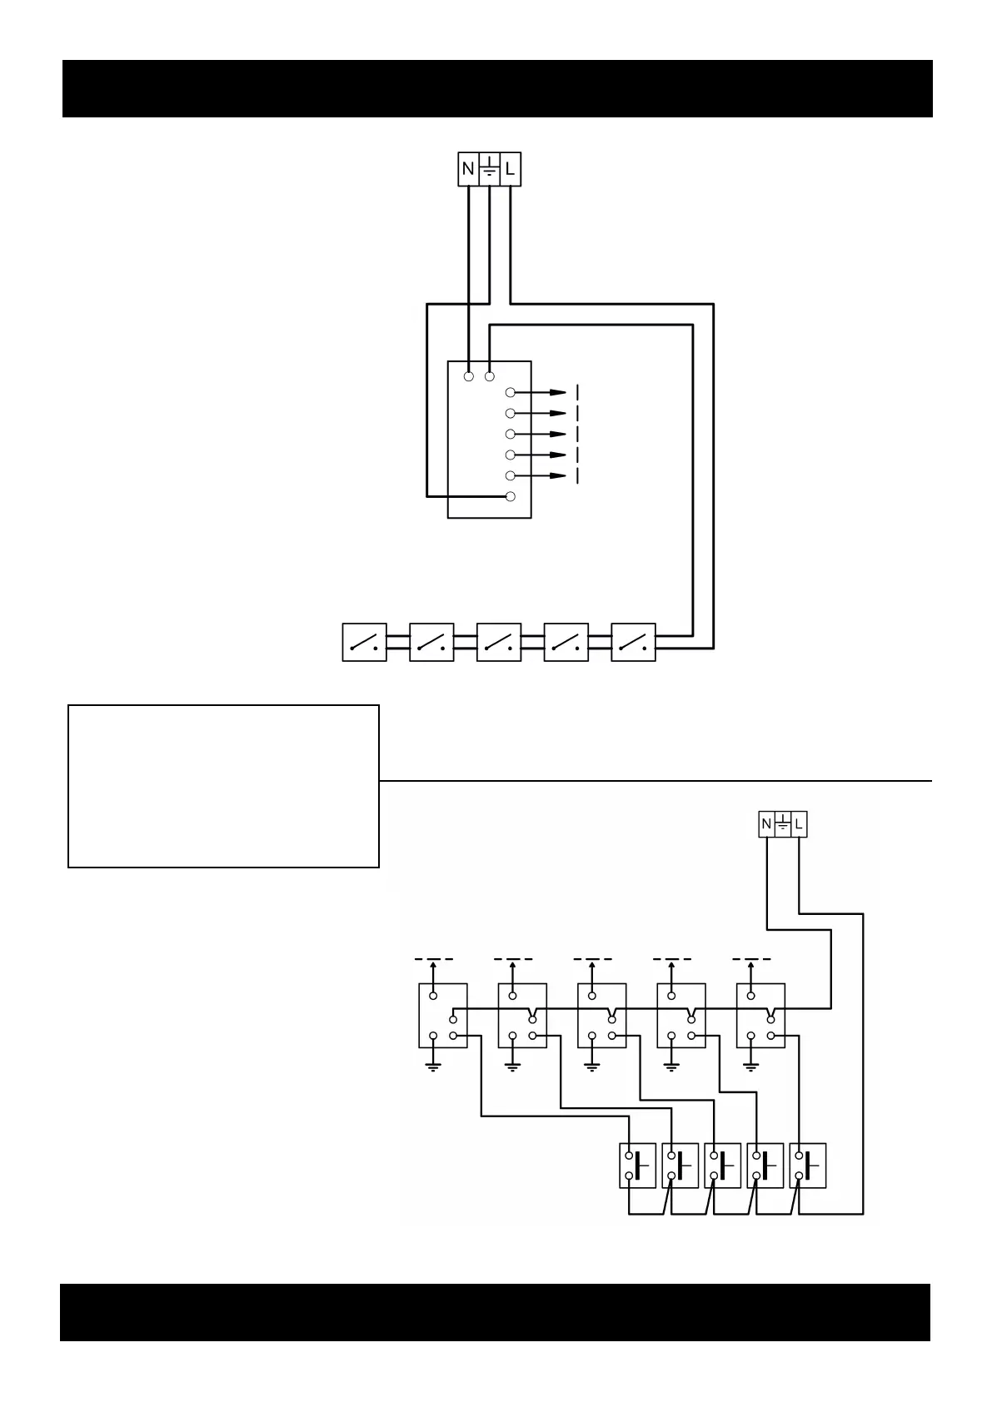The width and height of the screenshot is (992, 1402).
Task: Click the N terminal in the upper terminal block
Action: (x=468, y=170)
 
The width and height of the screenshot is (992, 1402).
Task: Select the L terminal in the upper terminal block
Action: (x=510, y=170)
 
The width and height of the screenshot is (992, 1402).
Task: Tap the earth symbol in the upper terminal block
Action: (x=489, y=169)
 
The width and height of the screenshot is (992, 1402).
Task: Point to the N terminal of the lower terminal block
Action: (x=765, y=824)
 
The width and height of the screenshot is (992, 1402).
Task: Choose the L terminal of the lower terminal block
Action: (x=799, y=824)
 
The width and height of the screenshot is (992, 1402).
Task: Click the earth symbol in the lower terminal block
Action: (x=782, y=824)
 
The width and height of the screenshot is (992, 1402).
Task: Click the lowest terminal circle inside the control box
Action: (x=511, y=497)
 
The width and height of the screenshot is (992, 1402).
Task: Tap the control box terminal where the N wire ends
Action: (x=469, y=376)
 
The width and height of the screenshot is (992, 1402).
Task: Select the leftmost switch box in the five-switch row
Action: (x=365, y=642)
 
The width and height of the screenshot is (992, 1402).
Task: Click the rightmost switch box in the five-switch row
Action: (x=633, y=642)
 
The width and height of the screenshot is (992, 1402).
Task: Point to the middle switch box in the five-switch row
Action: (x=499, y=642)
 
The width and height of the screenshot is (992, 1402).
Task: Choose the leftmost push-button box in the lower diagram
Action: (x=638, y=1165)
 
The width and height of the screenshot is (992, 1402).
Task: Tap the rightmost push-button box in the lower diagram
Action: (x=808, y=1165)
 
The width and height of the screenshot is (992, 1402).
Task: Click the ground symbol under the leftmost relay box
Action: (x=433, y=1066)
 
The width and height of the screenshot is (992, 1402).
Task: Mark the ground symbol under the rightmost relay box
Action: (x=752, y=1066)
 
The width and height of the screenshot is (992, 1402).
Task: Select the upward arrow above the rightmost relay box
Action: (x=752, y=968)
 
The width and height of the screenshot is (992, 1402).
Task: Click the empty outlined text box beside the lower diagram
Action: (x=223, y=786)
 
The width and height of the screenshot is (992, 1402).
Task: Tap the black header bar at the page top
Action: (x=497, y=88)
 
